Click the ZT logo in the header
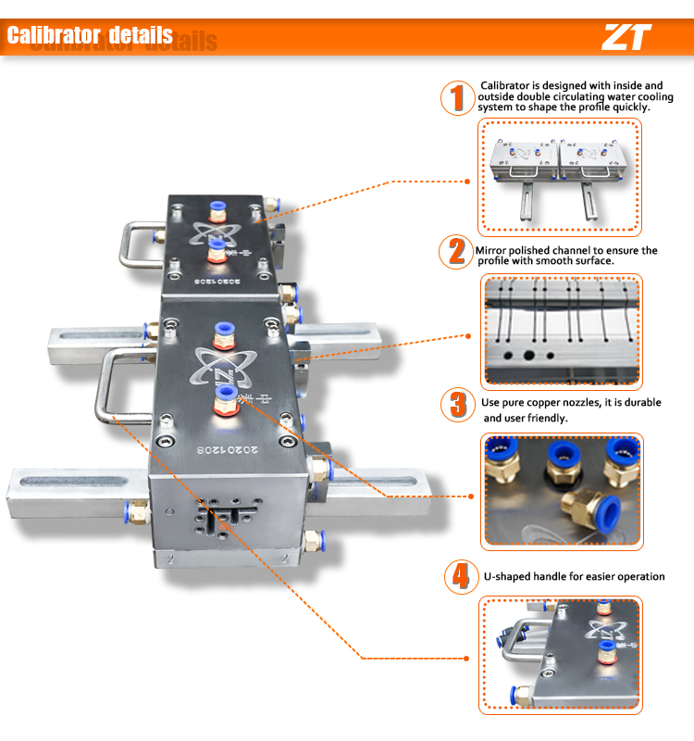point(626,37)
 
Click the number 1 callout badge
point(455,98)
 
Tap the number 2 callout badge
point(455,252)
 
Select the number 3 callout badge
point(456,405)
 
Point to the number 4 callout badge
point(457,576)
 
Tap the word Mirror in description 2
point(491,250)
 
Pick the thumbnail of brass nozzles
point(560,490)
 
